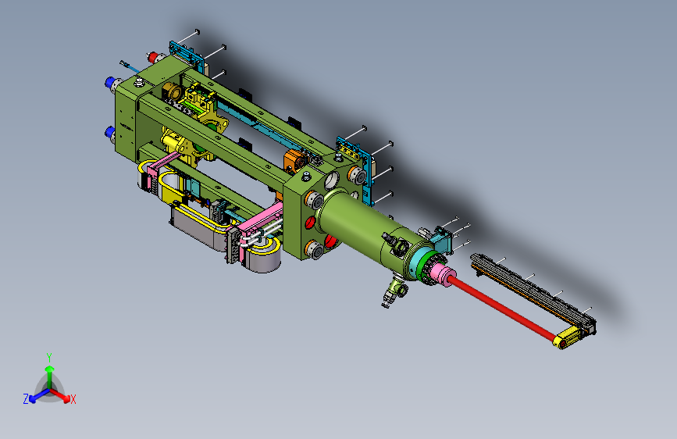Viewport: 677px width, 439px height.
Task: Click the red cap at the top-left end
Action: coord(152,57)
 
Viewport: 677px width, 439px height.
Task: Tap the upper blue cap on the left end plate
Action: coord(109,82)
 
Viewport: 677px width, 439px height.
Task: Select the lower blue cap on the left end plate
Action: coord(109,131)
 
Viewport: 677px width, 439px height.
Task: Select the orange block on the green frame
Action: coord(295,160)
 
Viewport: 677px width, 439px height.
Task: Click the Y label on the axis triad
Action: coord(49,358)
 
